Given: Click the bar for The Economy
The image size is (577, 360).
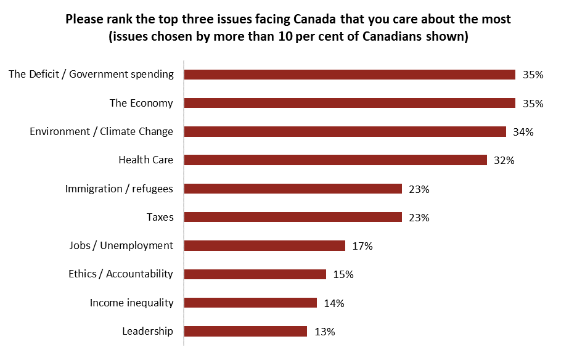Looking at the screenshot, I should (350, 103).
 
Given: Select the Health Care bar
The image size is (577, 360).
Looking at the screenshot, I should (336, 160).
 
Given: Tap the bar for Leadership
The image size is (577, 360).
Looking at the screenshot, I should (245, 331).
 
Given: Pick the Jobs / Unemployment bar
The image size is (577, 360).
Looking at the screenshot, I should (264, 246).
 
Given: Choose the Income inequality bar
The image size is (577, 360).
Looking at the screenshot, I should (250, 303).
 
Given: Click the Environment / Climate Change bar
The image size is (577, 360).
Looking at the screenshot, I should (345, 131).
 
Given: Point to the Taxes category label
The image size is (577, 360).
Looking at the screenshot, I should (160, 217).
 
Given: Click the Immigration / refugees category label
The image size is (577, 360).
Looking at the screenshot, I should (119, 189).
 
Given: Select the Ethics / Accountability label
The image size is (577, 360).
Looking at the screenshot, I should (121, 274).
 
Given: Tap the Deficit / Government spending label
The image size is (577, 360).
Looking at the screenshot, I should (91, 75).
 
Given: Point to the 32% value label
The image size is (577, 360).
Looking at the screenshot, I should (504, 160).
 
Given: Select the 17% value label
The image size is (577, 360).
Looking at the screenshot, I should (362, 246).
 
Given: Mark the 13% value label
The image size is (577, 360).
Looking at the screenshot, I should (324, 332).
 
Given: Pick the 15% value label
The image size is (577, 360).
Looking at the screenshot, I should (343, 274).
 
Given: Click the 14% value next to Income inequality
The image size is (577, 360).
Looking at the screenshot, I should (334, 303).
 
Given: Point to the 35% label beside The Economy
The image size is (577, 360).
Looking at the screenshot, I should (533, 104).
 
